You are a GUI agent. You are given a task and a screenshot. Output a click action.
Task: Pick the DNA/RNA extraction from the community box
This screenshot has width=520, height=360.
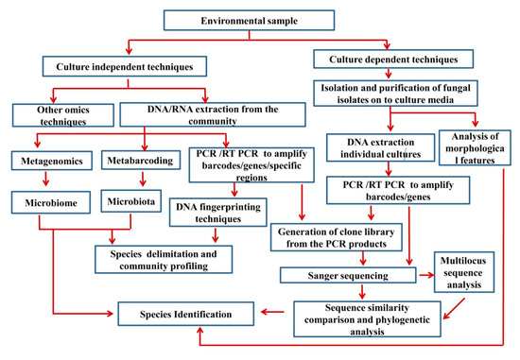213,114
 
